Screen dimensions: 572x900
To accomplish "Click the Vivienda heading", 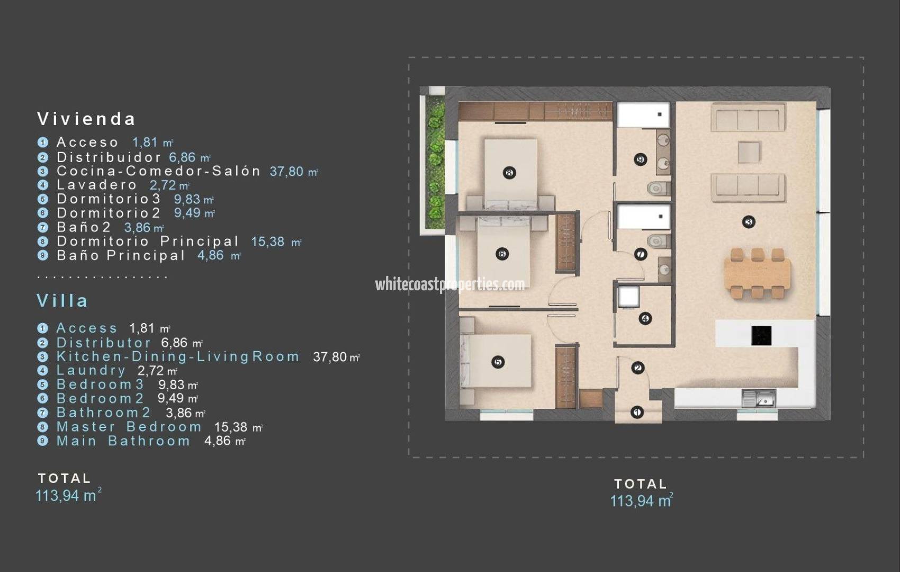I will click(x=86, y=119).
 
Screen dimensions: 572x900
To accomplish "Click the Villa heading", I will click(x=62, y=301).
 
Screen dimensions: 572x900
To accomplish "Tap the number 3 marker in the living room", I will click(x=748, y=222).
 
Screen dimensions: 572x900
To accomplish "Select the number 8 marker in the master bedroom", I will click(x=509, y=172).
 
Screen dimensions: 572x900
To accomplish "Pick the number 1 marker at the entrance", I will click(x=637, y=412).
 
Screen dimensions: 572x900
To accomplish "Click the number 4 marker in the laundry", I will click(x=645, y=318).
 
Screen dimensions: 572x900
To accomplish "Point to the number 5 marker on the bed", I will click(x=497, y=362).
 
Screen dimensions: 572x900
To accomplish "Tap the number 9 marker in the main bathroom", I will click(x=641, y=159).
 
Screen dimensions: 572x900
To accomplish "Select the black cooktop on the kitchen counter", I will click(x=761, y=335).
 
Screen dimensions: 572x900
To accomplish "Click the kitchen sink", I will click(x=759, y=398).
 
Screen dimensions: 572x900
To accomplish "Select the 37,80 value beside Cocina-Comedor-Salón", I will click(x=286, y=171).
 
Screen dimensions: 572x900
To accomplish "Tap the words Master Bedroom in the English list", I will click(x=129, y=427).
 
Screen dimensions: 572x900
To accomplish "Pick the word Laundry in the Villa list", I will click(x=91, y=370).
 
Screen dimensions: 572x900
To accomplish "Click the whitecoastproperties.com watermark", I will click(x=450, y=284).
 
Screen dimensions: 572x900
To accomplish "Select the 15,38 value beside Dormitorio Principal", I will click(x=268, y=242).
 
